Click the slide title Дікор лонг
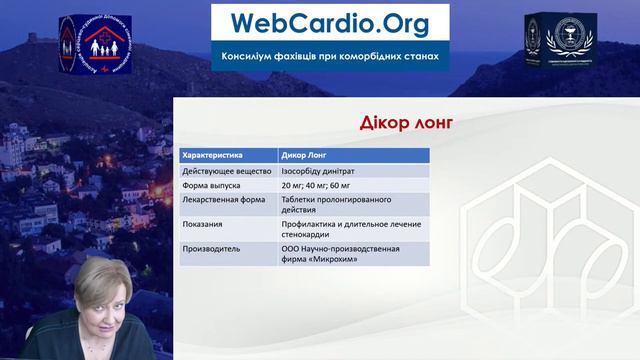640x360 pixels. point(406,122)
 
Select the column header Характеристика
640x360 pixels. point(214,156)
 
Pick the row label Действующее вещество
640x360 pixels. point(226,171)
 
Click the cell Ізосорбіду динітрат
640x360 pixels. point(326,171)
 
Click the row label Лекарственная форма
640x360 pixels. point(225,199)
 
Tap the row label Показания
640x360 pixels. point(204,224)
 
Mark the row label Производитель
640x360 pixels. point(211,248)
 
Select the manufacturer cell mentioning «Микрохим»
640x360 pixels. point(340,253)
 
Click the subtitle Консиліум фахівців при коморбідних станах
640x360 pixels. point(330,56)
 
